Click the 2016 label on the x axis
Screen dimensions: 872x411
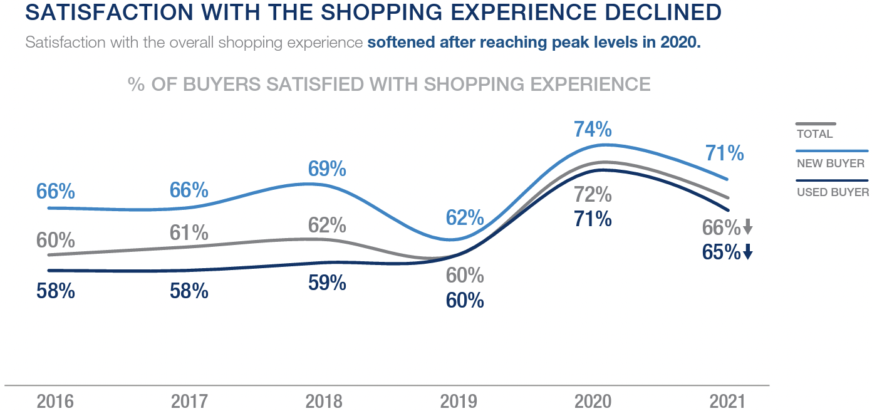pyautogui.click(x=55, y=402)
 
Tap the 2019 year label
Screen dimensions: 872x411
pyautogui.click(x=458, y=402)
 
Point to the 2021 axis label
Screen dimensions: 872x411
pyautogui.click(x=727, y=402)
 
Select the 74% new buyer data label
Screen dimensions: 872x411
pyautogui.click(x=593, y=129)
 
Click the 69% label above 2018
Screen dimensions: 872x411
pyautogui.click(x=327, y=169)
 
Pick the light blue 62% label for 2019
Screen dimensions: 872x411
pyautogui.click(x=465, y=217)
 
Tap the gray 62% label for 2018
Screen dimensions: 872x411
pyautogui.click(x=327, y=226)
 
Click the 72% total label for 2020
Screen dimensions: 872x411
pyautogui.click(x=593, y=195)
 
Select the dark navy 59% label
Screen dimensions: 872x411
pyautogui.click(x=327, y=283)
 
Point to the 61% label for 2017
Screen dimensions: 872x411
pyautogui.click(x=189, y=232)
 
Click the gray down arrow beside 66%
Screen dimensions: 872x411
pyautogui.click(x=748, y=227)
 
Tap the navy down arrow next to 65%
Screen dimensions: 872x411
pyautogui.click(x=748, y=251)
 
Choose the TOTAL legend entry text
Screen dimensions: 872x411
pyautogui.click(x=815, y=134)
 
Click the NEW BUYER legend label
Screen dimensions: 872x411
pyautogui.click(x=831, y=164)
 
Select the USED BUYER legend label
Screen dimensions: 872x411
pyautogui.click(x=833, y=192)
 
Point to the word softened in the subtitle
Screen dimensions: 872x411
pyautogui.click(x=401, y=42)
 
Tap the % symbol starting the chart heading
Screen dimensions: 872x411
pyautogui.click(x=137, y=84)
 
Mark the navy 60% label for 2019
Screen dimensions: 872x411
pyautogui.click(x=465, y=301)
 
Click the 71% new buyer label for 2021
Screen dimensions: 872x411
pyautogui.click(x=724, y=153)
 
